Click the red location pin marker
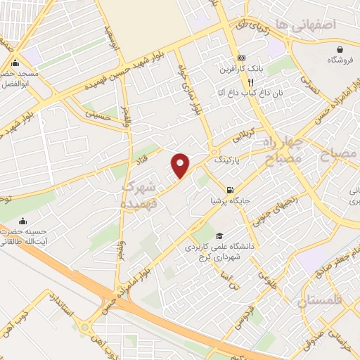click(181, 165)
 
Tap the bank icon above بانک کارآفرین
click(242, 58)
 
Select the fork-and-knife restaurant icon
click(250, 82)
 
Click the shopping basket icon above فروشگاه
click(341, 49)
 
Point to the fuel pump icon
click(229, 189)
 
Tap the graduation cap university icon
click(219, 236)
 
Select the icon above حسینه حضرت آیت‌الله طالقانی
click(23, 219)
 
